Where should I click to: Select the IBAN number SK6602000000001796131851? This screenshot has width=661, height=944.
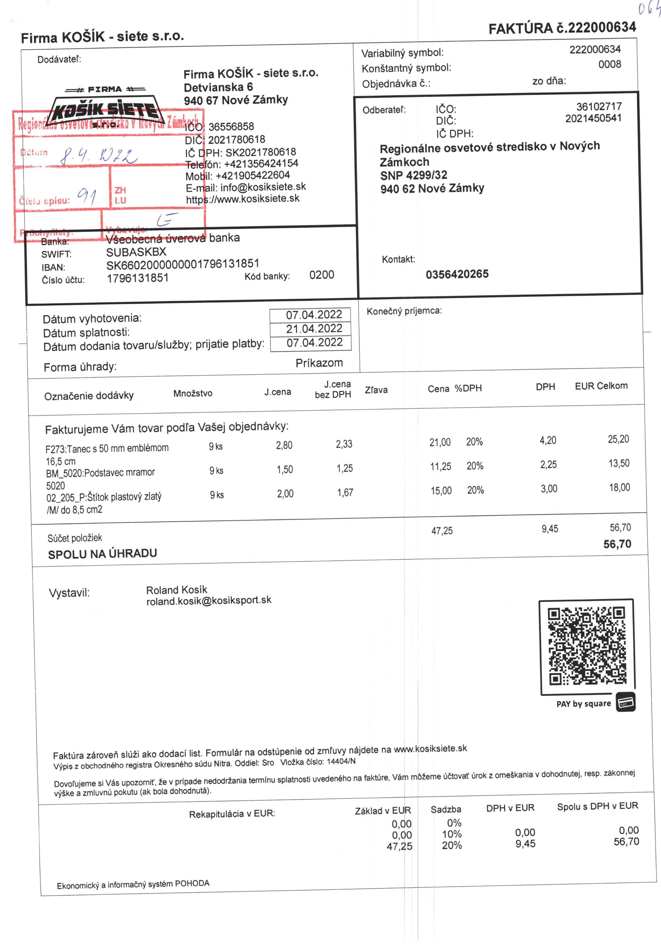182,264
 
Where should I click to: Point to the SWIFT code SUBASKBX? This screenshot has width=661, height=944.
136,252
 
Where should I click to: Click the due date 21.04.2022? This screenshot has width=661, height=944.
314,328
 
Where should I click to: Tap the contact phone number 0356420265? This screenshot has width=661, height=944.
457,274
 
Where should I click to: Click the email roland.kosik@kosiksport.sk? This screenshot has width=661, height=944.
209,600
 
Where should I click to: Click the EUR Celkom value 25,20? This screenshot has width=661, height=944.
618,439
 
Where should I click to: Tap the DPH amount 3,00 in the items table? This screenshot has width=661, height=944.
549,489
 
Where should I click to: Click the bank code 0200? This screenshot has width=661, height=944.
321,275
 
